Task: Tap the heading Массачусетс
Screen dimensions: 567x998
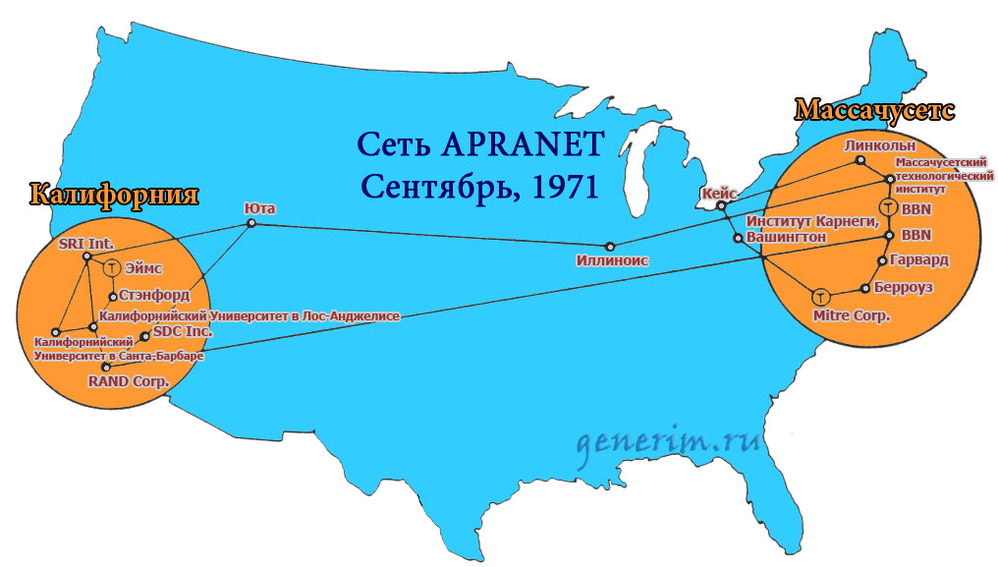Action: pos(873,108)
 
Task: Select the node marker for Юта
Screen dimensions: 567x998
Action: pos(251,224)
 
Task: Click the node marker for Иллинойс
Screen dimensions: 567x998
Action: pos(610,246)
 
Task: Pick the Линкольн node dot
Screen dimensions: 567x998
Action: pos(860,160)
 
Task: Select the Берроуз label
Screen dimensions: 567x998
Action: pos(904,288)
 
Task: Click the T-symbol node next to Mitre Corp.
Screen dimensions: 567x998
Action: pos(821,296)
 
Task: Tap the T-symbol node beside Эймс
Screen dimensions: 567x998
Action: pos(112,267)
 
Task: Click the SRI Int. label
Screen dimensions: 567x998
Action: pos(86,242)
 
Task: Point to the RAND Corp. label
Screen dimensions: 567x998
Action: pos(129,379)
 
